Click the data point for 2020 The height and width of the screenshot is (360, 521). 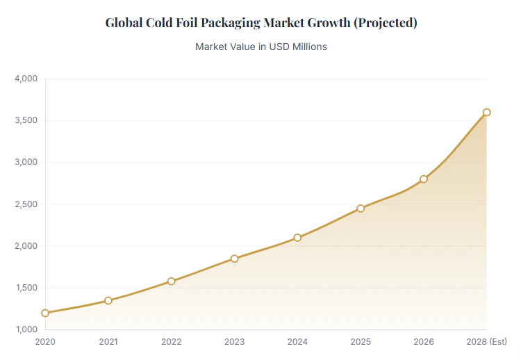[45, 313]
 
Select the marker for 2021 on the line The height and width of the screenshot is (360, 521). [108, 300]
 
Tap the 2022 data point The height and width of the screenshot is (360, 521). [172, 281]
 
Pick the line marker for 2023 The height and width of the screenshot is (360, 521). [234, 259]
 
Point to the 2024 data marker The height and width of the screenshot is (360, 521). [297, 238]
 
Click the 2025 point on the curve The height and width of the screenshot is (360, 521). [361, 208]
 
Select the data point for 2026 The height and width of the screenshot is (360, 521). [424, 179]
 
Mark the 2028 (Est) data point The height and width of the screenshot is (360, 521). [487, 112]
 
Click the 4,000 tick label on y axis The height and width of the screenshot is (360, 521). [26, 79]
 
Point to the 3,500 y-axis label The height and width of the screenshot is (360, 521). [26, 120]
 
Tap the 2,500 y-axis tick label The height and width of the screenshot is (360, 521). [26, 204]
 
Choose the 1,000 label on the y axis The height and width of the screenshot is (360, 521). [26, 329]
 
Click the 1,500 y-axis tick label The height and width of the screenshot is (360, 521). [26, 288]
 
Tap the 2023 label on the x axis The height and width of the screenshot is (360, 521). [234, 341]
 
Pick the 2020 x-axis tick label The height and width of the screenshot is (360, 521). [45, 341]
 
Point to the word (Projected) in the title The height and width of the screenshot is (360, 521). [386, 23]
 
